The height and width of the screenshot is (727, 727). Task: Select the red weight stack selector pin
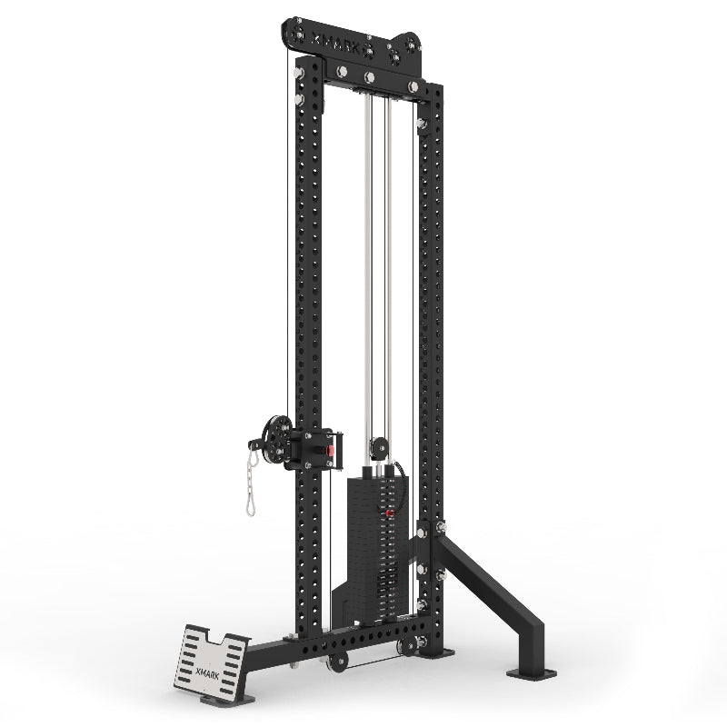tap(389, 515)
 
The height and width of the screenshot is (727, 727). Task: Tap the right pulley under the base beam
tap(405, 647)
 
